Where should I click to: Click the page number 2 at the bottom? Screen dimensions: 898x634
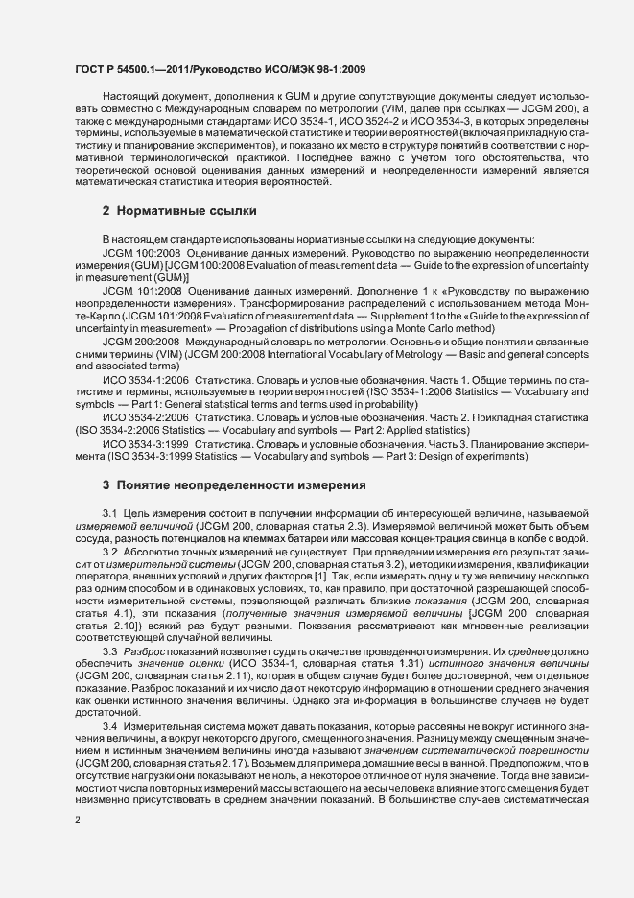78,819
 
